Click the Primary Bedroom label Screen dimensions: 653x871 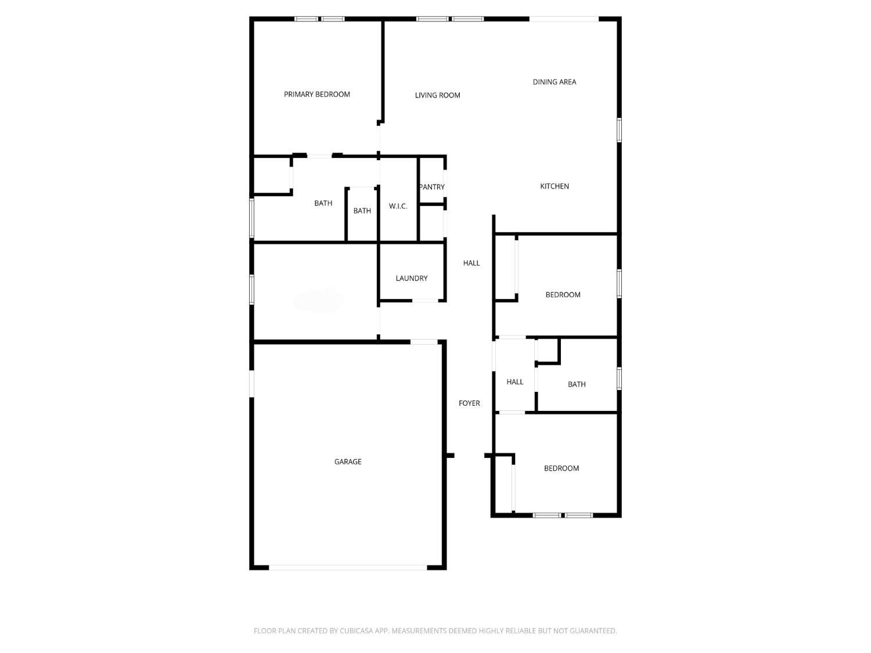coord(316,94)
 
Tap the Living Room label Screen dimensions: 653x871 coord(437,95)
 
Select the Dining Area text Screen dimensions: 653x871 coord(554,82)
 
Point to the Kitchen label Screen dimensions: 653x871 coord(554,186)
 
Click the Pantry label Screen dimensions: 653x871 coord(432,187)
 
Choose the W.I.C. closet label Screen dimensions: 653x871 coord(398,206)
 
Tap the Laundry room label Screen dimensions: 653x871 coord(411,278)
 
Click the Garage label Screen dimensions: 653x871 coord(347,461)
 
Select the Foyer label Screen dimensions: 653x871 coord(469,403)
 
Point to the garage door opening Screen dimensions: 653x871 coord(348,567)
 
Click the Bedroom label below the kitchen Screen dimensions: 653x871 coord(563,295)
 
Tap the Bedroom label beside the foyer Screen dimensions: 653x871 coord(561,468)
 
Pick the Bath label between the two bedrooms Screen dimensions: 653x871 coord(576,384)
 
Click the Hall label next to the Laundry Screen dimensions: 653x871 coord(471,263)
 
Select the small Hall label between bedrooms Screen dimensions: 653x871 coord(514,382)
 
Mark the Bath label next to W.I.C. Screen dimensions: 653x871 coord(362,211)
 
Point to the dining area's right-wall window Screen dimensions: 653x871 coord(619,129)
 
